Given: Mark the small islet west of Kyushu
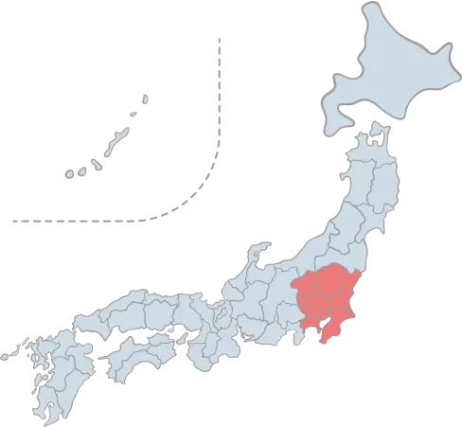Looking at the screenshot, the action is tap(7, 358).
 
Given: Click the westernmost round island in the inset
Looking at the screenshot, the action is tap(69, 174).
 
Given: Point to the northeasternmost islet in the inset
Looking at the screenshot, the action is tap(146, 96).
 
